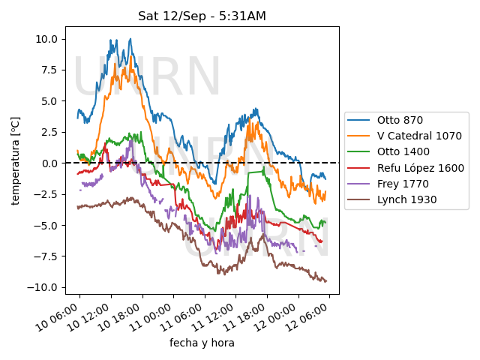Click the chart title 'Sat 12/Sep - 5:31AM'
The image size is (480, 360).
[x=202, y=16]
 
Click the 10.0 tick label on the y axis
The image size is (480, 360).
[x=46, y=39]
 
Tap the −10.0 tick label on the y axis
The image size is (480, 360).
[x=42, y=287]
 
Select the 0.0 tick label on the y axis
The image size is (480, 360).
[x=50, y=163]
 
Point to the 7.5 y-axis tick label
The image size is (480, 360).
[x=50, y=70]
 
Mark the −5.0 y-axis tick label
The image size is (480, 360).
[x=46, y=225]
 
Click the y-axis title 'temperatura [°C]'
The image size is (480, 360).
[x=15, y=160]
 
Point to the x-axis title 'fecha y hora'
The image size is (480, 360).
[x=202, y=343]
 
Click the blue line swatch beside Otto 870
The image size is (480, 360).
[x=358, y=120]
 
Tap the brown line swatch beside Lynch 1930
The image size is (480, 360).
[x=358, y=200]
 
